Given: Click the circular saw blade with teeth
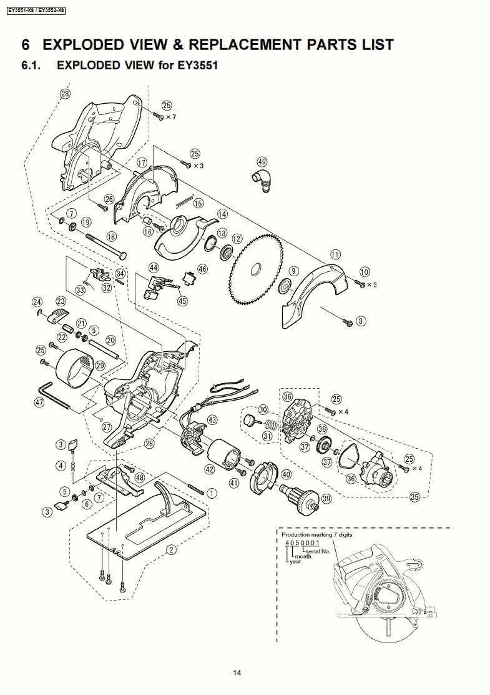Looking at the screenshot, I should point(256,269).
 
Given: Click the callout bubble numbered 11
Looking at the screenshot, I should point(336,254).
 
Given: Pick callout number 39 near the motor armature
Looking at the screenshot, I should point(326,499).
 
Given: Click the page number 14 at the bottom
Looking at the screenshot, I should point(237,672).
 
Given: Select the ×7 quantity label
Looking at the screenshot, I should point(170,117).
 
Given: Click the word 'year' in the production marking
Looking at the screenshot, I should point(295,561).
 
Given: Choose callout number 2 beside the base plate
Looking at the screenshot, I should point(171,549).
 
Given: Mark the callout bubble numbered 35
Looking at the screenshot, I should point(414,497).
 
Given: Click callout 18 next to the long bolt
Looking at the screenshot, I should point(111,236).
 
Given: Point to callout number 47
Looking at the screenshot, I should point(39,403).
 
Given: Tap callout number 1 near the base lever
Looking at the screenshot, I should point(212,493).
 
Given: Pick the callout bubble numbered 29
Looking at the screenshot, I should point(100,365).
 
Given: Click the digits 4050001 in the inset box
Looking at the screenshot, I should point(302,542).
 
